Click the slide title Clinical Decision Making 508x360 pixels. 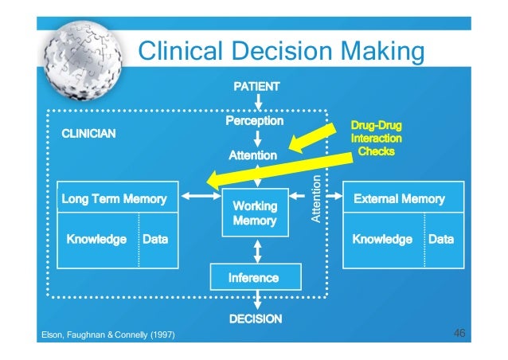tap(280, 52)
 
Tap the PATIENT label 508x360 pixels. tap(256, 85)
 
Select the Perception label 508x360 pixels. tap(254, 120)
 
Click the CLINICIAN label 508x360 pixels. tap(89, 135)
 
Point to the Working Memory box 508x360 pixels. tap(255, 213)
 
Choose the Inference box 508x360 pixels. tap(254, 277)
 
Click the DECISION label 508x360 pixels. tap(256, 319)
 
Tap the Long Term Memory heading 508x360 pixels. tap(115, 198)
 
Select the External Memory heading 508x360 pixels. tap(398, 198)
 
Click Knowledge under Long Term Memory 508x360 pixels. tap(96, 239)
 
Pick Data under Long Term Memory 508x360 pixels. tap(154, 239)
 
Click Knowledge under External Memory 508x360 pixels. tap(382, 239)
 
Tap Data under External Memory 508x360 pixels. tap(441, 239)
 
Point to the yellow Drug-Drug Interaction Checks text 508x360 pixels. tap(376, 138)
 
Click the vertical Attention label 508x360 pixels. tap(316, 198)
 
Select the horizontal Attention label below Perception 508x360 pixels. tap(253, 155)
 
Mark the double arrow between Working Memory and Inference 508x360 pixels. tap(256, 252)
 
